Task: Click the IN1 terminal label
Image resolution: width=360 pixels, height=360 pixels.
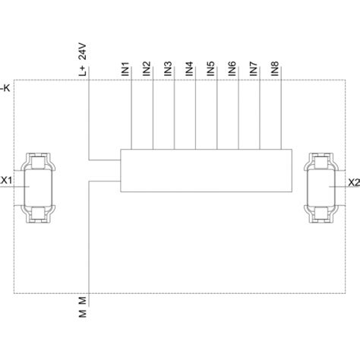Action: point(125,69)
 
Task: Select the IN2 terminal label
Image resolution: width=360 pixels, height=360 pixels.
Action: point(147,69)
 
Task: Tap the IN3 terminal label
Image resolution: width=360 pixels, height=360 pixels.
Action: point(168,69)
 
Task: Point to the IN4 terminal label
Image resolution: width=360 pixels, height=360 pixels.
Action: point(189,69)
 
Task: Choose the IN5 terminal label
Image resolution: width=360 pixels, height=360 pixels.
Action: point(211,69)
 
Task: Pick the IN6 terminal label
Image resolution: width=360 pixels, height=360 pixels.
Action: point(232,69)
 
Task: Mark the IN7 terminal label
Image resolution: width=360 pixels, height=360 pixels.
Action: point(254,69)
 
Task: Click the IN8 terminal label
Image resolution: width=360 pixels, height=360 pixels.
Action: point(275,69)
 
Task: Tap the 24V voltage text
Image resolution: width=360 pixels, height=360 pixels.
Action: point(83,52)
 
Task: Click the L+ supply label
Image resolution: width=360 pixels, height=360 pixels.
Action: point(83,71)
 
